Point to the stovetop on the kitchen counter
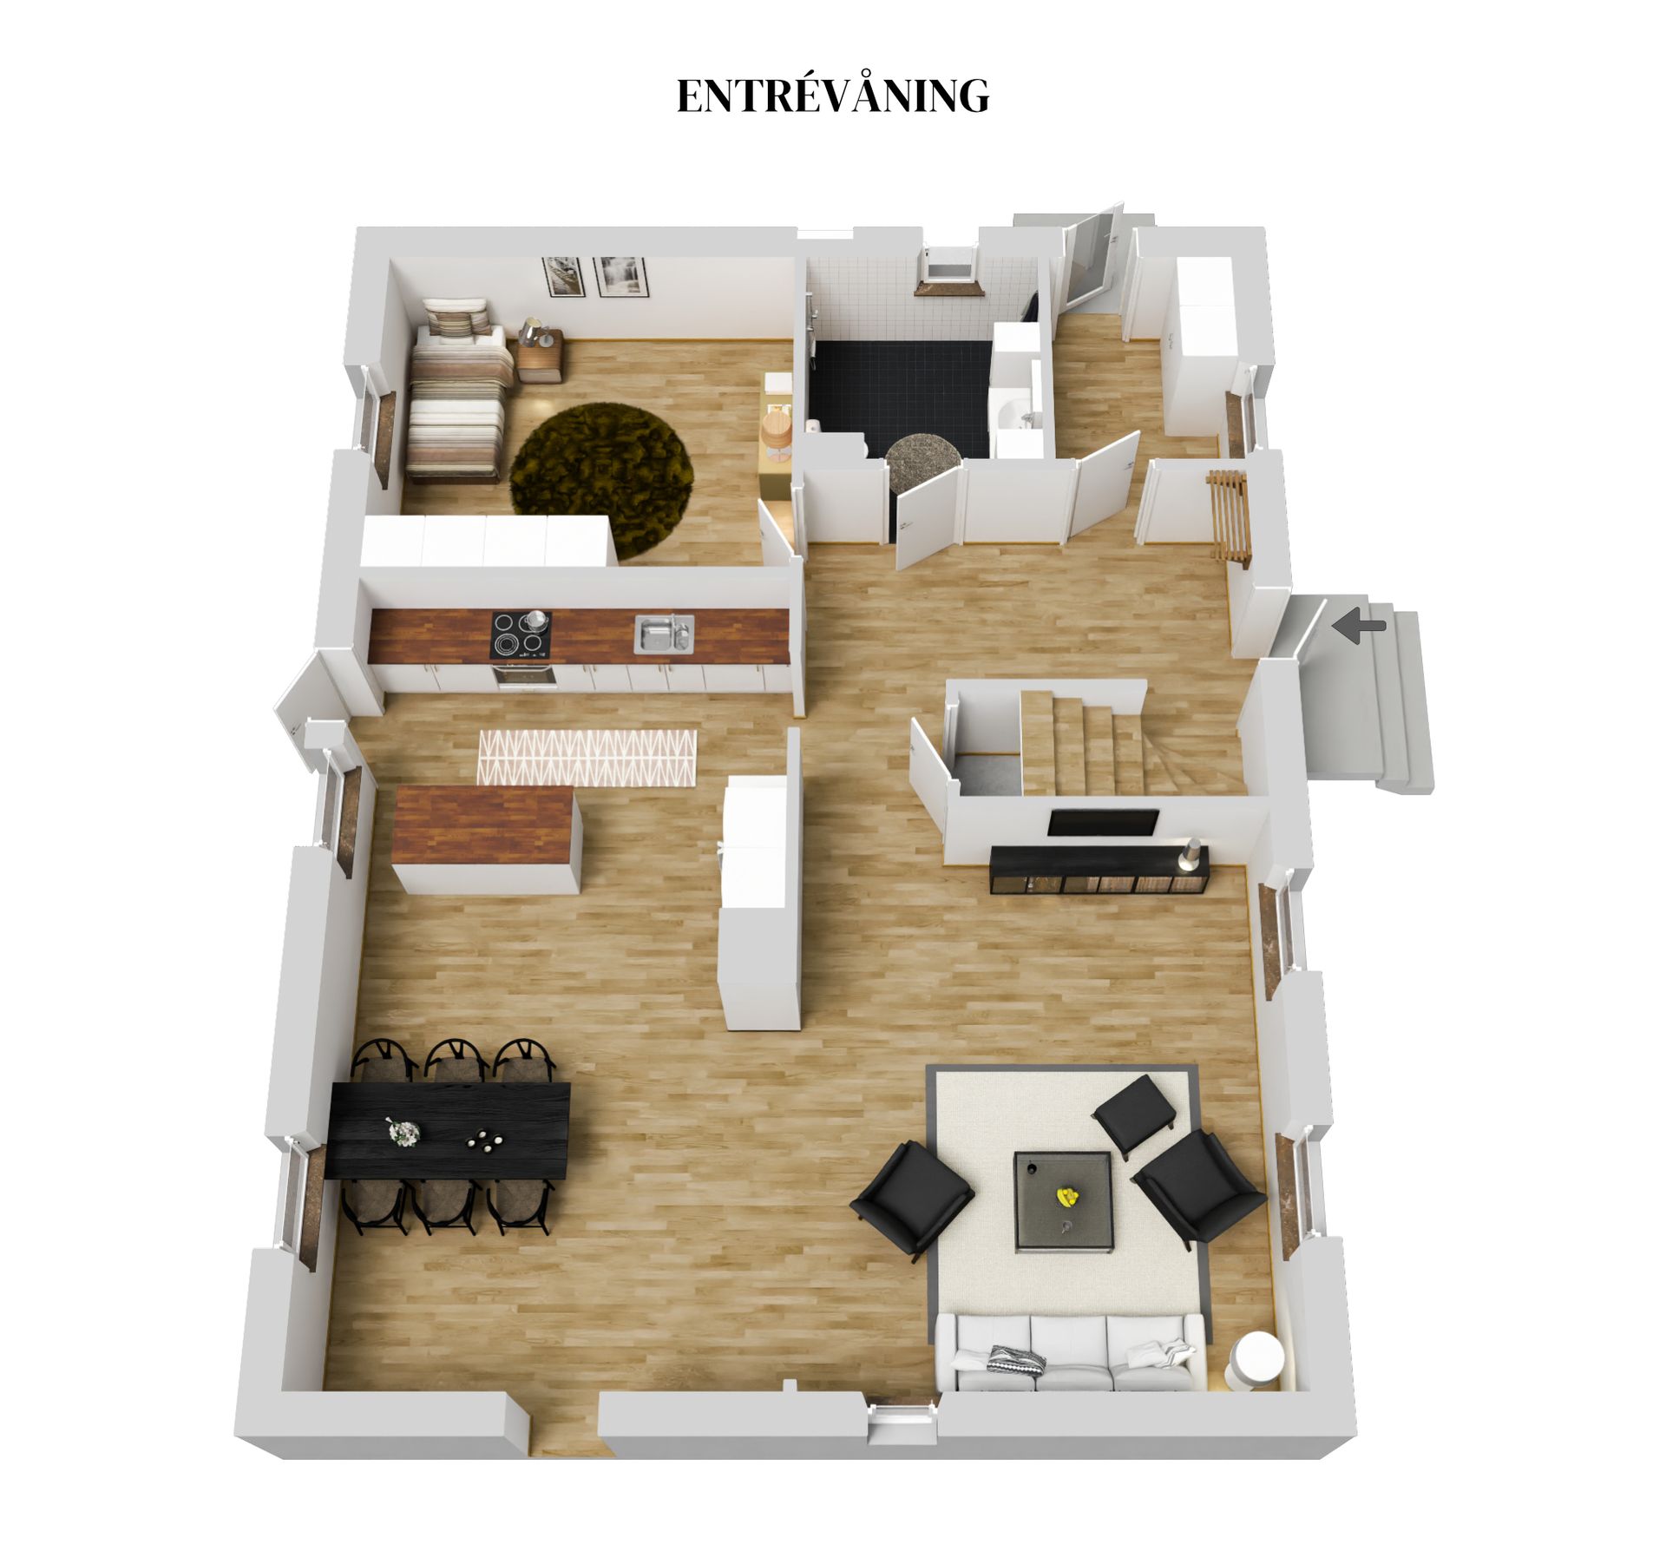click(x=521, y=634)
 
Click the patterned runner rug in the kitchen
click(x=587, y=757)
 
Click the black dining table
click(x=449, y=1130)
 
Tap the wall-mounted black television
click(x=1102, y=822)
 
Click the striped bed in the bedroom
click(x=456, y=391)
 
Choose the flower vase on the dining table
click(x=403, y=1131)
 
